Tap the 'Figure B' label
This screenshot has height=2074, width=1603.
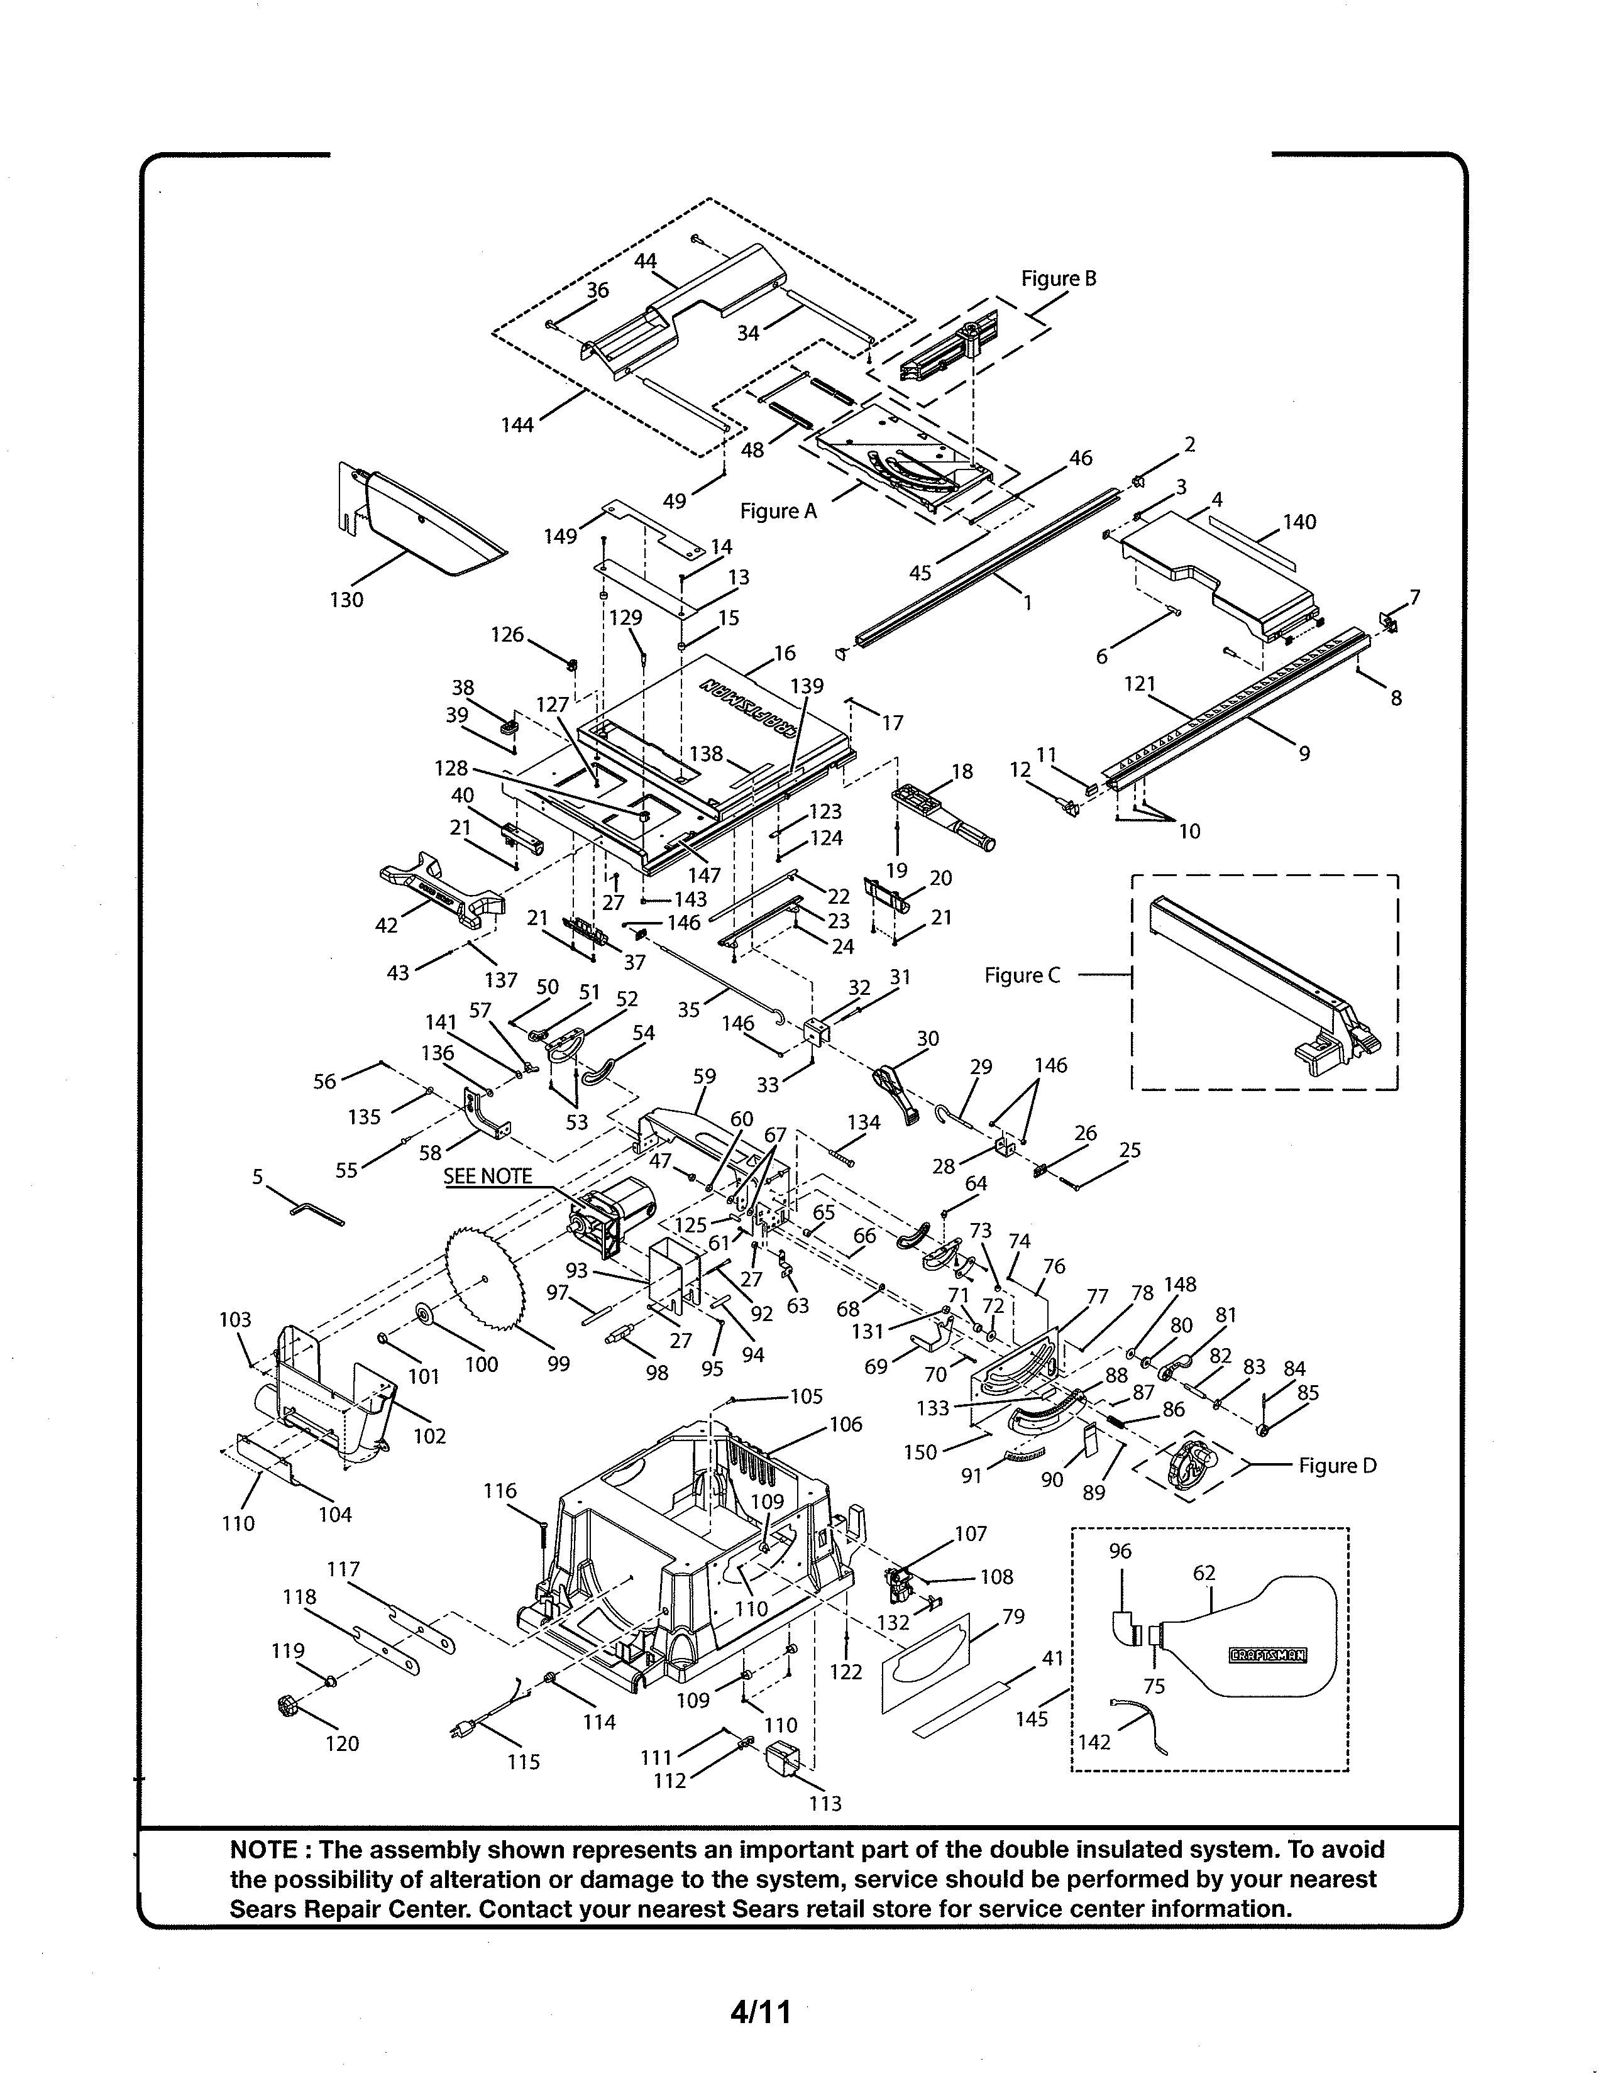(1058, 278)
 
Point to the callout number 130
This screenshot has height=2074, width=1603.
(346, 600)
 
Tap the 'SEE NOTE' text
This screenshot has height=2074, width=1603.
(488, 1176)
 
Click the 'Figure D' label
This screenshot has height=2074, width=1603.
(1337, 1465)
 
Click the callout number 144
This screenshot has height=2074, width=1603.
(517, 425)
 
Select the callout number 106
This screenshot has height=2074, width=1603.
(845, 1424)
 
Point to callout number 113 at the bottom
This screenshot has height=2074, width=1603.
(825, 1803)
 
